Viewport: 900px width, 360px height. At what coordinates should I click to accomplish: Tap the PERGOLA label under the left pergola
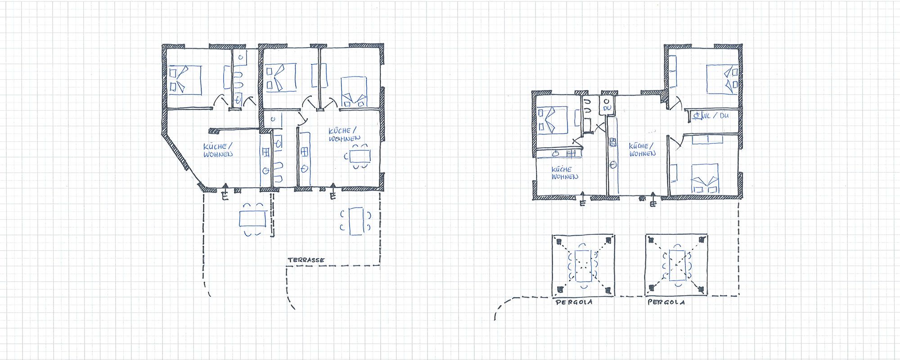574,302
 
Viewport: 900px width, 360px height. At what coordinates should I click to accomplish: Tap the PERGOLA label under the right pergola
666,302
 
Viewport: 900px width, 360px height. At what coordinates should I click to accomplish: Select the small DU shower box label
607,108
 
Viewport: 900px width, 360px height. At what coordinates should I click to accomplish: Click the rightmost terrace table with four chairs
356,220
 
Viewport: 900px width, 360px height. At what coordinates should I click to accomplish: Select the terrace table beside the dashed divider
252,219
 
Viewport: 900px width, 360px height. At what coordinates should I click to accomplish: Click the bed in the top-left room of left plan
185,80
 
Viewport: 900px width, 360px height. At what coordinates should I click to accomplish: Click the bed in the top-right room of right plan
721,80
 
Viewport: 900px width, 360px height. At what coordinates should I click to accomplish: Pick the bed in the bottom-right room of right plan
704,179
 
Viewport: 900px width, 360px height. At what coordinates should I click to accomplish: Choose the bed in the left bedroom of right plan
553,120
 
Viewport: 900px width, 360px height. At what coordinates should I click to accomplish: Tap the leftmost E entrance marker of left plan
225,196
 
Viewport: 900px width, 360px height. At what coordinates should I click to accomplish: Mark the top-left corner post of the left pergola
558,242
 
